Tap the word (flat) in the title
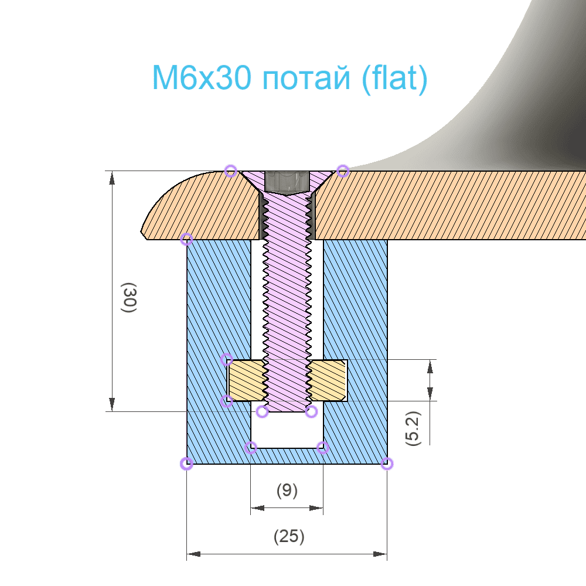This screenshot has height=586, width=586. pos(394,79)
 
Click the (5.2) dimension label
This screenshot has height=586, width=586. pos(414,429)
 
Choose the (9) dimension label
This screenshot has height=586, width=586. pos(287,490)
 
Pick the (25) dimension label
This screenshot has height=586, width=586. pos(289,536)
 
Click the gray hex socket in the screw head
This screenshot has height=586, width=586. pos(287,182)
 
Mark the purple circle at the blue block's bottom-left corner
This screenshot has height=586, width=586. pos(186,464)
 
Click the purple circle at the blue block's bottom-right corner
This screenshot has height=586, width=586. pos(386,464)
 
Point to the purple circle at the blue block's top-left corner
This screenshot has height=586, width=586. pos(186,239)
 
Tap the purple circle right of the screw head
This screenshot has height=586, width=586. pos(343,171)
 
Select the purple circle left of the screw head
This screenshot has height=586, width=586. pos(231,171)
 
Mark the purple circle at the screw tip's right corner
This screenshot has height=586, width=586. pos(311,411)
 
